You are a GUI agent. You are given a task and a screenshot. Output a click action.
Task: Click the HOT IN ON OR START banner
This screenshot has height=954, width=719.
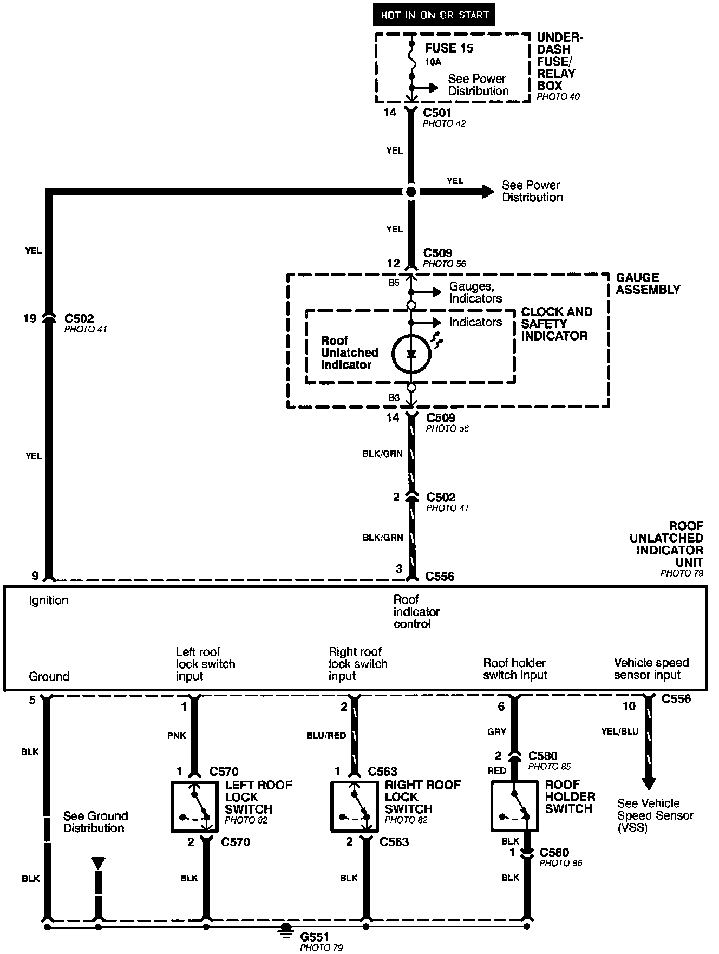click(434, 15)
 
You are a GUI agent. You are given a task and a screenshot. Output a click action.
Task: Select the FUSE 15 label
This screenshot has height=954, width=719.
click(449, 48)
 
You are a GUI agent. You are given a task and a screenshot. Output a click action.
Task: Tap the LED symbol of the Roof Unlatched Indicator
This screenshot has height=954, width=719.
click(411, 354)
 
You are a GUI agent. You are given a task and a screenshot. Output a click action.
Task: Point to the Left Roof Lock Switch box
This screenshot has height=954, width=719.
click(194, 806)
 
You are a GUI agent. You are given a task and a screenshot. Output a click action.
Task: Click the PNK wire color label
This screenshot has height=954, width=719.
click(177, 735)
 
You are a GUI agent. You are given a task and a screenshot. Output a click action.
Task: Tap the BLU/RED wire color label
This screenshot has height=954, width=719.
click(326, 735)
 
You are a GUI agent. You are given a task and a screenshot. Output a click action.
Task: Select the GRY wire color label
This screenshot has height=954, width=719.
click(496, 731)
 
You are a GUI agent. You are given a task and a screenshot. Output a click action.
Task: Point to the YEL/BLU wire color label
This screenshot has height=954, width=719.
click(620, 731)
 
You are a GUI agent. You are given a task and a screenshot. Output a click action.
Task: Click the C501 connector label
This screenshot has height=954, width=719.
click(437, 113)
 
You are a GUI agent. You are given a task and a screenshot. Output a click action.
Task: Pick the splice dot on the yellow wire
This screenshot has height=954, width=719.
click(411, 192)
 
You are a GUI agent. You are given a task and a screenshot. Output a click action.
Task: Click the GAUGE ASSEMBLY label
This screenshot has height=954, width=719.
click(648, 283)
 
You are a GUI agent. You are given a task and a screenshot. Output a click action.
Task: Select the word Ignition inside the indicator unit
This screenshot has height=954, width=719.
click(49, 600)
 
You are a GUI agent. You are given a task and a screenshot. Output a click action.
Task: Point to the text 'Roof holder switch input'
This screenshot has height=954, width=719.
click(515, 669)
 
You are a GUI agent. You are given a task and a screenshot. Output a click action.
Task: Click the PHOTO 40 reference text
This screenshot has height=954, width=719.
click(558, 97)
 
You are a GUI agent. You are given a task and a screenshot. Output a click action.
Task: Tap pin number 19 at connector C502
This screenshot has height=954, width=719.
click(30, 318)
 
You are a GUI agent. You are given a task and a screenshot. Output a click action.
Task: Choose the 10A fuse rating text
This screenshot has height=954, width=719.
click(433, 62)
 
